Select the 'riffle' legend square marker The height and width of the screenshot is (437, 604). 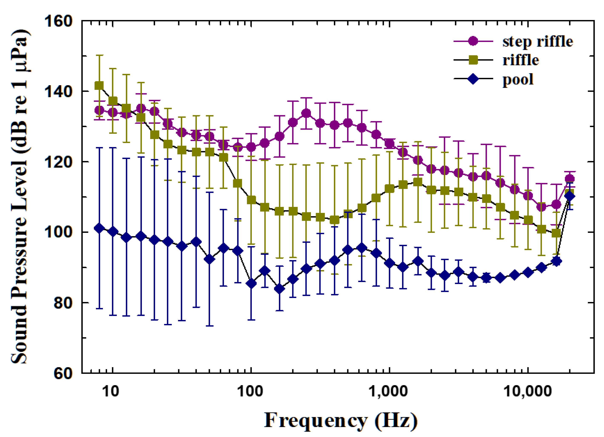point(473,60)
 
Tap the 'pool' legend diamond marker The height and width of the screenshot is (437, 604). point(473,79)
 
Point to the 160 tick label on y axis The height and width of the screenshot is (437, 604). point(58,21)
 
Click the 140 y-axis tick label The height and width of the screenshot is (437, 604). point(58,91)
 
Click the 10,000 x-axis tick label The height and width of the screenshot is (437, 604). point(527,391)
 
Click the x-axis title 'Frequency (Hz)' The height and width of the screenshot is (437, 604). point(341,420)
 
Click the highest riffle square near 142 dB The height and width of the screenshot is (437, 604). point(99,86)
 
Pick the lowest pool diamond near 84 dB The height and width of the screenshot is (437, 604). point(279,289)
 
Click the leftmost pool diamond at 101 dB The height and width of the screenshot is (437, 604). point(99,228)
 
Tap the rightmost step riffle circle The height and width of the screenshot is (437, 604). point(569,179)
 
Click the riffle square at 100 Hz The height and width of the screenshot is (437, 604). point(251,200)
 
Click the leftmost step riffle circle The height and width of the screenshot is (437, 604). point(99,110)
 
